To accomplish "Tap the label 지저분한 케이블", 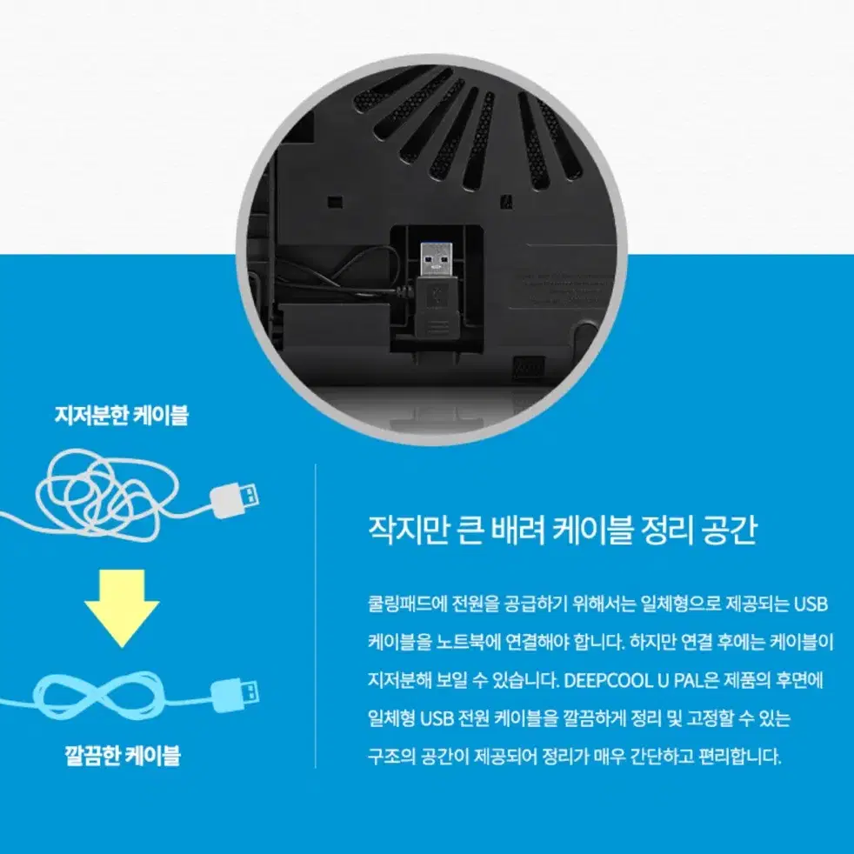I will coord(121,416).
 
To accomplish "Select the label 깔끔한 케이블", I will coord(121,754).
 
